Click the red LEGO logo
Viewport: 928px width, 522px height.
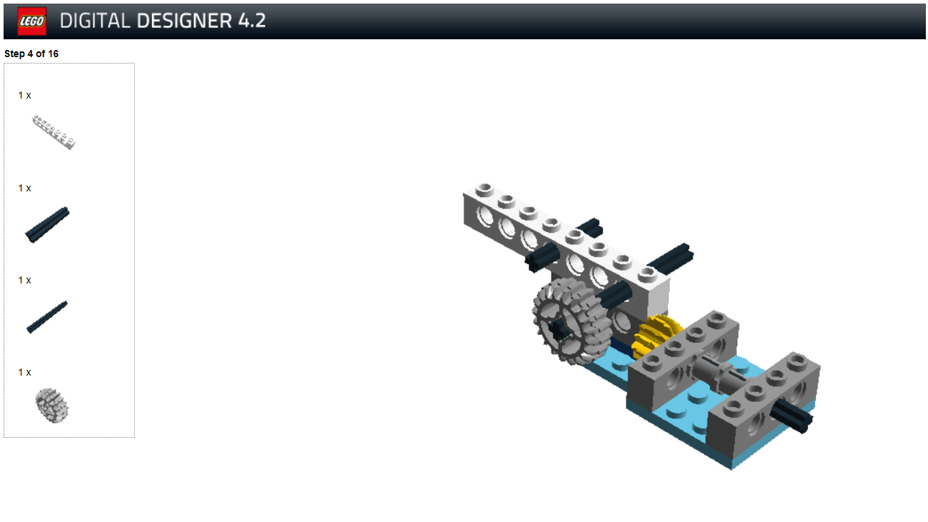pyautogui.click(x=31, y=21)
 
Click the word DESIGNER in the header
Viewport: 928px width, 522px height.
pyautogui.click(x=184, y=21)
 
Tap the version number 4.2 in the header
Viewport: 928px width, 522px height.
pyautogui.click(x=252, y=21)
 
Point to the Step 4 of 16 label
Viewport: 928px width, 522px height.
pyautogui.click(x=31, y=54)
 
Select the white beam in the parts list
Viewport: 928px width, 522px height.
pyautogui.click(x=54, y=132)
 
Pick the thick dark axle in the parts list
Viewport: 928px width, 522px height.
pyautogui.click(x=47, y=225)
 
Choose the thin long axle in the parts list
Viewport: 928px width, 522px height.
pyautogui.click(x=47, y=317)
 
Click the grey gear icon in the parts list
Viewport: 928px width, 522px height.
pyautogui.click(x=52, y=406)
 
